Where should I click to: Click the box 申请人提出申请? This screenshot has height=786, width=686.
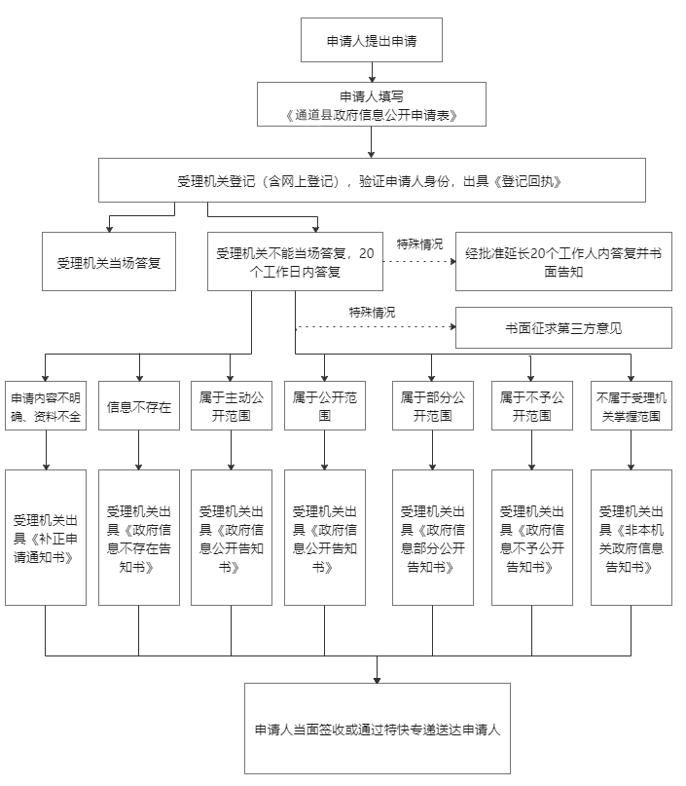click(x=372, y=40)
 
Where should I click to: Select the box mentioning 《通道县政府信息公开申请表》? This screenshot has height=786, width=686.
click(x=372, y=104)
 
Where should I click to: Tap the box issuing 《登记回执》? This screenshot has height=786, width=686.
click(x=372, y=180)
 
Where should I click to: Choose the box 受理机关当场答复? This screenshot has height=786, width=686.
click(x=109, y=262)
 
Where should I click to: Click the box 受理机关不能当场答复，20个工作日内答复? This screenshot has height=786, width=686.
click(x=296, y=262)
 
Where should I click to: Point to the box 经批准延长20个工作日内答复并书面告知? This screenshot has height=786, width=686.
click(x=563, y=262)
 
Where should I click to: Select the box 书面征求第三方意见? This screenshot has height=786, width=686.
click(x=563, y=328)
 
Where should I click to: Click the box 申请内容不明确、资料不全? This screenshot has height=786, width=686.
click(x=46, y=405)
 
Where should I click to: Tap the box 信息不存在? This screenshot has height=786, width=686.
click(x=139, y=405)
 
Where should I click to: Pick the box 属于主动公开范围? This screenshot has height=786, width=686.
click(x=232, y=405)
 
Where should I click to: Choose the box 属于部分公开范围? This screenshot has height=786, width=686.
click(x=433, y=405)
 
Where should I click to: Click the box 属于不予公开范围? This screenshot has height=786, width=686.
click(x=532, y=405)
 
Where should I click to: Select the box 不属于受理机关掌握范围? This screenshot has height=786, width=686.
click(x=632, y=405)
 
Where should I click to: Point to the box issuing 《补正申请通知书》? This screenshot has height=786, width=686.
click(x=46, y=538)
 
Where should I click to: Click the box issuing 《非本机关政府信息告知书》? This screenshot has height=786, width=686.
click(x=632, y=538)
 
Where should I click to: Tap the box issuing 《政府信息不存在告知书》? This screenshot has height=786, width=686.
click(x=139, y=538)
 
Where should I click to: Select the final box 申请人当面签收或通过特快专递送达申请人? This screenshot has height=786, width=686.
click(x=378, y=729)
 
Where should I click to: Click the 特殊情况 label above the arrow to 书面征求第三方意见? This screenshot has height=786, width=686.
click(x=372, y=313)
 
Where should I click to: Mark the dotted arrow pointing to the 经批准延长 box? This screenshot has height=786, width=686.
click(x=419, y=261)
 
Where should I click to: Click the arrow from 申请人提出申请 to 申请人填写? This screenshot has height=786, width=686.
click(x=372, y=72)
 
